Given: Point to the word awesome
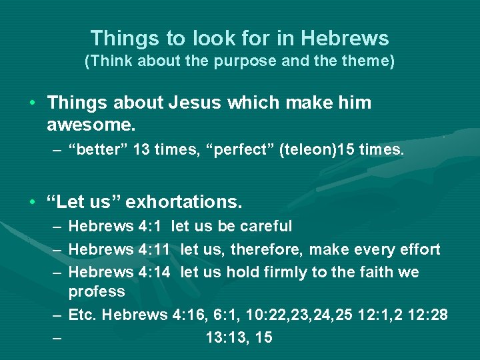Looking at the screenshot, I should (89, 124).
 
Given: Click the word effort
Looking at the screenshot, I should (419, 250).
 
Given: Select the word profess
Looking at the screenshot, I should (97, 292).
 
